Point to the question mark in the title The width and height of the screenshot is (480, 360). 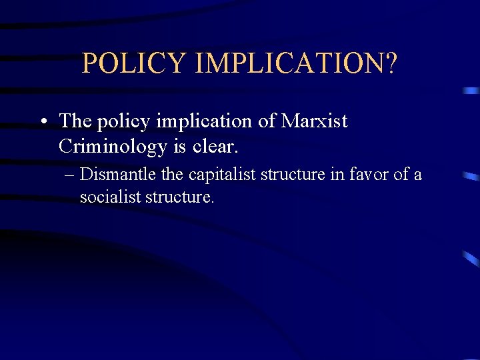coord(390,63)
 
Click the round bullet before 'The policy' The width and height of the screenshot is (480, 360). coord(43,122)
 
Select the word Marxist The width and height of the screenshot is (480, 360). coord(314,121)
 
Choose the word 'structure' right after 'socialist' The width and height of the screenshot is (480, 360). coord(177,197)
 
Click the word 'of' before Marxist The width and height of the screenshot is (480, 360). coord(265,121)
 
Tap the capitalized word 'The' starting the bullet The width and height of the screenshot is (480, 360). coord(74,121)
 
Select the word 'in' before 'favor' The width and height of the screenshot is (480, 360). coord(338,175)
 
